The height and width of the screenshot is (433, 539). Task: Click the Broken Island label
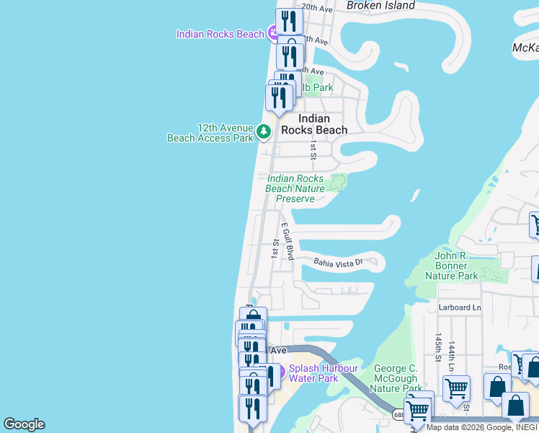tap(380, 6)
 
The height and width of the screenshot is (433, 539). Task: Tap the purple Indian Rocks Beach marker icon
tap(274, 32)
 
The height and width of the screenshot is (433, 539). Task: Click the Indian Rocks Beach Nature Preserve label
tap(295, 188)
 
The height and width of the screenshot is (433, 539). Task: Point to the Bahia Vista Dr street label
tap(337, 263)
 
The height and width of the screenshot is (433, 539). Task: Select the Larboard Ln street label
tap(459, 307)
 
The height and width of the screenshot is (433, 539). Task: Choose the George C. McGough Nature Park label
tap(396, 378)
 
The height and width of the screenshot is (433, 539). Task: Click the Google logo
tap(24, 424)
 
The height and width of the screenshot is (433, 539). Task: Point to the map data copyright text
tap(481, 427)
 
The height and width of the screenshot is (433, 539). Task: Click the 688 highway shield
tap(398, 415)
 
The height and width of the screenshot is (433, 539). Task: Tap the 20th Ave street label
tap(316, 9)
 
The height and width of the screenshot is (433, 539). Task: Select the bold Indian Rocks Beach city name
tap(323, 124)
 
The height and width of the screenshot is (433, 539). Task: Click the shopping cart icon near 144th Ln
tap(456, 389)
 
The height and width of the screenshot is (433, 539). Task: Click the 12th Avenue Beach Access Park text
tap(210, 132)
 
